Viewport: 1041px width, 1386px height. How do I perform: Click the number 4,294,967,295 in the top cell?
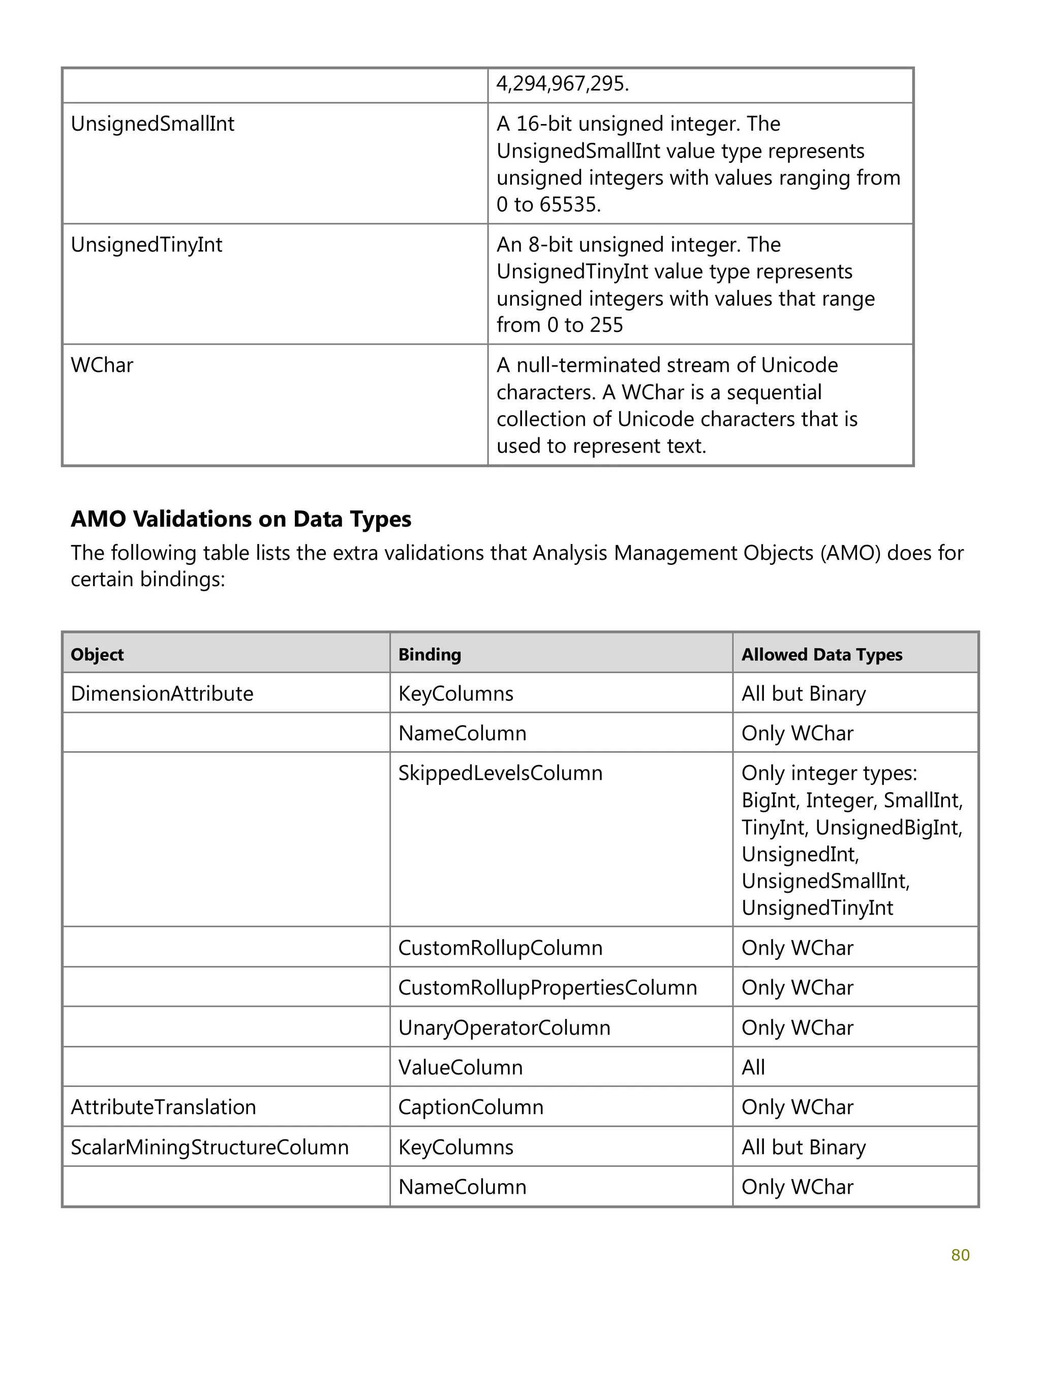pos(562,83)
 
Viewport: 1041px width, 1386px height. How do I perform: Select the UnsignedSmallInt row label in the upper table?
pos(152,124)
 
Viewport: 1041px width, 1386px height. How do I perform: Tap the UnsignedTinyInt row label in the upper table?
pos(146,245)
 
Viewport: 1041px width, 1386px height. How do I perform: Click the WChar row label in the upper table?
pos(102,365)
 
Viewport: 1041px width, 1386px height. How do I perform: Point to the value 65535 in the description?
pos(569,205)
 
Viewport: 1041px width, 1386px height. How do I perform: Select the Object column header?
pos(97,654)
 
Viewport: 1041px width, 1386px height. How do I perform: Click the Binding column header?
pos(430,654)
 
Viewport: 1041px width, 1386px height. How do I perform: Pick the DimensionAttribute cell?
pos(162,694)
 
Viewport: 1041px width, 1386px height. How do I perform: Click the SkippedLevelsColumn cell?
pos(500,773)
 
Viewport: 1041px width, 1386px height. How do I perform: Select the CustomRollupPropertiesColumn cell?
pos(547,987)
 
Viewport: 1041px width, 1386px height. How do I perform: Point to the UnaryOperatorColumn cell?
pos(504,1028)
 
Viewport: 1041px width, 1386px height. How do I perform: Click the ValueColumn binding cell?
pos(461,1067)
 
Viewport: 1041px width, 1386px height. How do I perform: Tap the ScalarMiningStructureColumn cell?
pos(209,1147)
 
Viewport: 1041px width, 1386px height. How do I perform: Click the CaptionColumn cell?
pos(470,1107)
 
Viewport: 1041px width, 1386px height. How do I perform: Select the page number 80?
pos(960,1255)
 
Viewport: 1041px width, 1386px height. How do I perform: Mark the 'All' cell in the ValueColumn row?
pos(753,1067)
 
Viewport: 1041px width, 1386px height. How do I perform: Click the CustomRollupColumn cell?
pos(500,948)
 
